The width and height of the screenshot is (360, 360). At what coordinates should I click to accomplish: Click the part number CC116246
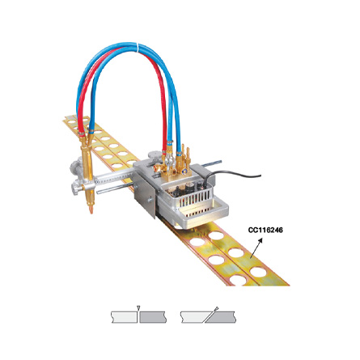265,230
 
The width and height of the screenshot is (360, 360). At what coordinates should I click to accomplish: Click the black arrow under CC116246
256,248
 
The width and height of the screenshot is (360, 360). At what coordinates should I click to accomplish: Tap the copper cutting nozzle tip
91,209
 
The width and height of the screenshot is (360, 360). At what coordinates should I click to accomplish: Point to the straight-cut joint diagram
138,317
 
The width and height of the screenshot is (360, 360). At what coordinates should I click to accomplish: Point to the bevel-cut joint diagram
208,317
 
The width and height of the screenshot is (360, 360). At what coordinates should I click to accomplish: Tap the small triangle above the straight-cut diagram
138,307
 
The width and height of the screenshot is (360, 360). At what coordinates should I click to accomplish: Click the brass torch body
88,172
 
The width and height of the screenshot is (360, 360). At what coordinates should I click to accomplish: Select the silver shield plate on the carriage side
144,194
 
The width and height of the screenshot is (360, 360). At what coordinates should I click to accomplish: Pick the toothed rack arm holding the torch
115,177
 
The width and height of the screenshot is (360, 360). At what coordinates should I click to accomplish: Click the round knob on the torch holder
75,188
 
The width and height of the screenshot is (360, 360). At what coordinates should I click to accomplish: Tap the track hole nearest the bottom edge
237,280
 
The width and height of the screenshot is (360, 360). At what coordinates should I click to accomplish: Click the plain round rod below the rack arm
115,188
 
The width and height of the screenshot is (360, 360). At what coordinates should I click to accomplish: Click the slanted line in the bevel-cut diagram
211,315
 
